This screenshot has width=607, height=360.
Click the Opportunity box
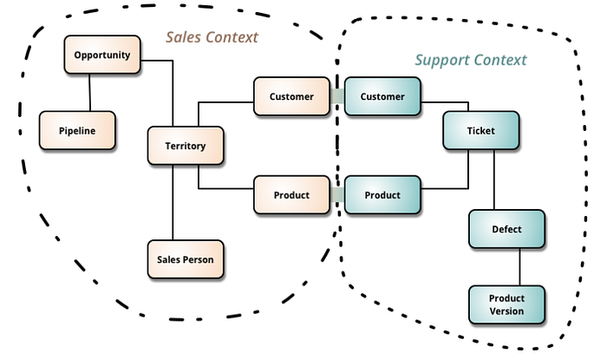point(102,55)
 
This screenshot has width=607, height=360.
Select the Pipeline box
point(77,131)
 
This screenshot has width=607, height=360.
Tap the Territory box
point(186,146)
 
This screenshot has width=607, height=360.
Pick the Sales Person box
point(186,259)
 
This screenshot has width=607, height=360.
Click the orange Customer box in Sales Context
point(291,96)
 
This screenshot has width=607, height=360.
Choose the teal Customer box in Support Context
point(382,96)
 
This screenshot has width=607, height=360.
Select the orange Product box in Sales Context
point(291,195)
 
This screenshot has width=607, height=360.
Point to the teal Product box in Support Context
point(382,195)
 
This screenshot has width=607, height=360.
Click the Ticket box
point(481,130)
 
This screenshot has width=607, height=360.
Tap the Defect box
point(506,229)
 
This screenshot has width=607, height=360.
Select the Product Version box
point(506,304)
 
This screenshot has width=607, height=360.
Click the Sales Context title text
point(212,38)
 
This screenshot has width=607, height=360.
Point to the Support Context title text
point(470,60)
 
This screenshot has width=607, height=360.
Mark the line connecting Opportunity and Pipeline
point(90,93)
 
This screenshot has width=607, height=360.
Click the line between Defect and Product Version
point(519,267)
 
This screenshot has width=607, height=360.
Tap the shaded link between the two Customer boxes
point(336,96)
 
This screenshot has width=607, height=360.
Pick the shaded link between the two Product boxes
point(336,195)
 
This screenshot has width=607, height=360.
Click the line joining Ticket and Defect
point(494,180)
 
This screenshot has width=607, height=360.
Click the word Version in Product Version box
point(506,311)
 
